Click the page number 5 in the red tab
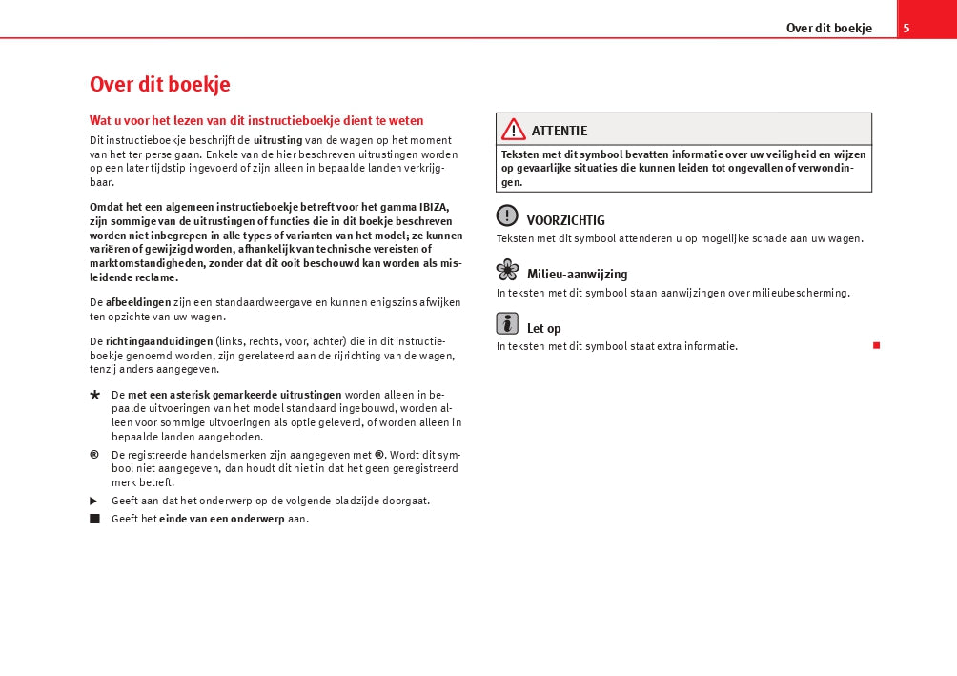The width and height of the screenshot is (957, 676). [x=906, y=28]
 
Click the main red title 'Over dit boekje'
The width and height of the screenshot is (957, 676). [x=159, y=84]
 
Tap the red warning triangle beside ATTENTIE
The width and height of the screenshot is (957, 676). [x=514, y=130]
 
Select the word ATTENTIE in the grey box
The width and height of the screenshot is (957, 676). [x=560, y=131]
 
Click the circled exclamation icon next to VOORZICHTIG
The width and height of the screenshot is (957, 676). [x=507, y=216]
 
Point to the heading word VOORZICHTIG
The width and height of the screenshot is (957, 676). [x=565, y=220]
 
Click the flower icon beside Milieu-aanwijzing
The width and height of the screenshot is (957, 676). [x=507, y=270]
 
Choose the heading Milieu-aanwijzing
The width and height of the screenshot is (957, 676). [x=577, y=275]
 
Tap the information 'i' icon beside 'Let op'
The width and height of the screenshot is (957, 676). [x=507, y=323]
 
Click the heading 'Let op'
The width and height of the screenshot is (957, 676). [x=543, y=328]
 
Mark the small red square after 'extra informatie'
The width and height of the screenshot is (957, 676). [x=876, y=344]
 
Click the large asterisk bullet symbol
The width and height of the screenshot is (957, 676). [x=94, y=396]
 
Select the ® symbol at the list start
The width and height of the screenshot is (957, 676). [x=94, y=454]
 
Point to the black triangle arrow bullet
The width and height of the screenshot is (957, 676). [x=94, y=501]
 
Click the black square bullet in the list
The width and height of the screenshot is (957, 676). [x=94, y=519]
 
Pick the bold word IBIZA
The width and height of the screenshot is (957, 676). [x=434, y=206]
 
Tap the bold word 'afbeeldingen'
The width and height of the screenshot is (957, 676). [x=138, y=302]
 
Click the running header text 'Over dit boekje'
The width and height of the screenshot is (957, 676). [x=828, y=28]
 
